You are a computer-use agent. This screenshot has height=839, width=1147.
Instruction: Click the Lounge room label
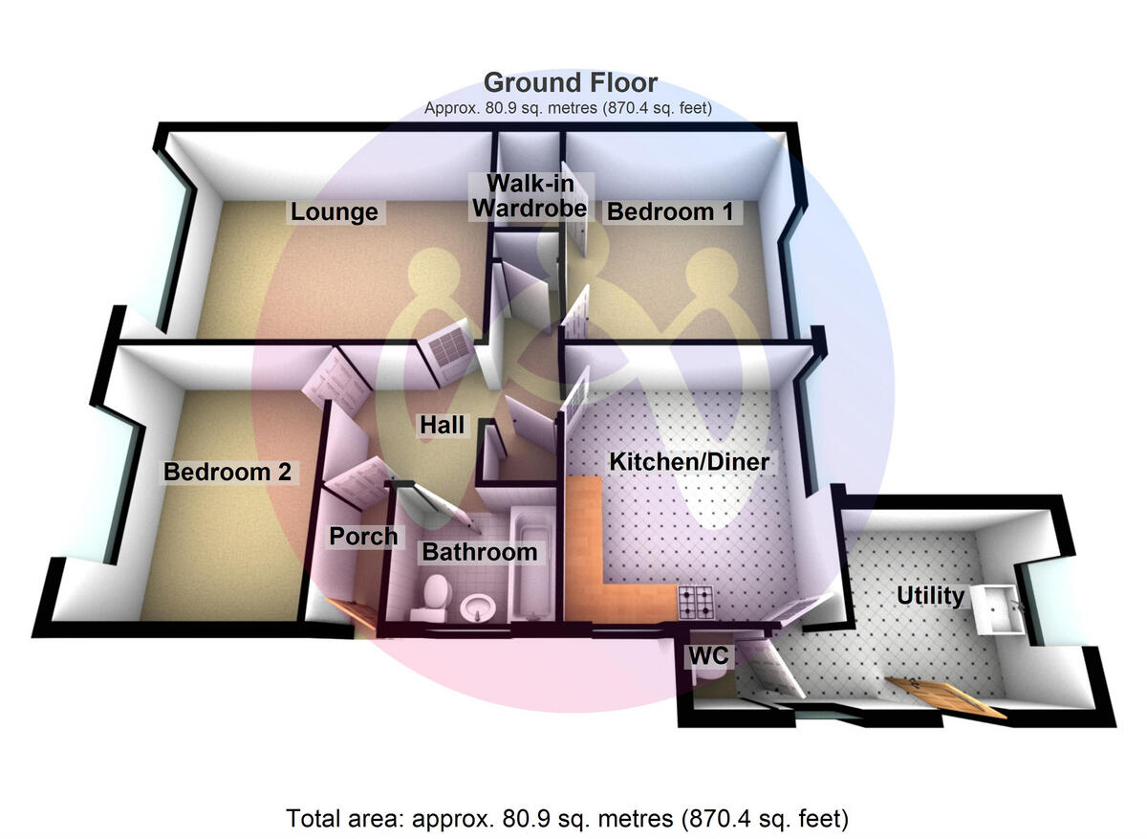pos(335,211)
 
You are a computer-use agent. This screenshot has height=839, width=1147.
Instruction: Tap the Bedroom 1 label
pos(670,211)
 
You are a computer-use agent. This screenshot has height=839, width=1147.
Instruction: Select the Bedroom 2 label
pos(227,472)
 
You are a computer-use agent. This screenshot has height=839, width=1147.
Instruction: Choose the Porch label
pos(363,537)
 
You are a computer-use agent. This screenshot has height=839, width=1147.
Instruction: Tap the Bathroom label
pos(480,552)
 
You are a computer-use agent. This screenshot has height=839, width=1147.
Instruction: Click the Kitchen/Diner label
pos(690,462)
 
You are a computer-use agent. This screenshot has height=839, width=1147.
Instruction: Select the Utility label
pos(930,596)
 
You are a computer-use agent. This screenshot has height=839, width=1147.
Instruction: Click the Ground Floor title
pos(571,81)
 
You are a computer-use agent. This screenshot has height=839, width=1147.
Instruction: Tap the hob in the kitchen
pos(696,601)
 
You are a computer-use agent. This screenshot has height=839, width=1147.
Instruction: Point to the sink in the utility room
pos(1000,608)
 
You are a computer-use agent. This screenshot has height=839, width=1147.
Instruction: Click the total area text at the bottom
pos(568,819)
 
